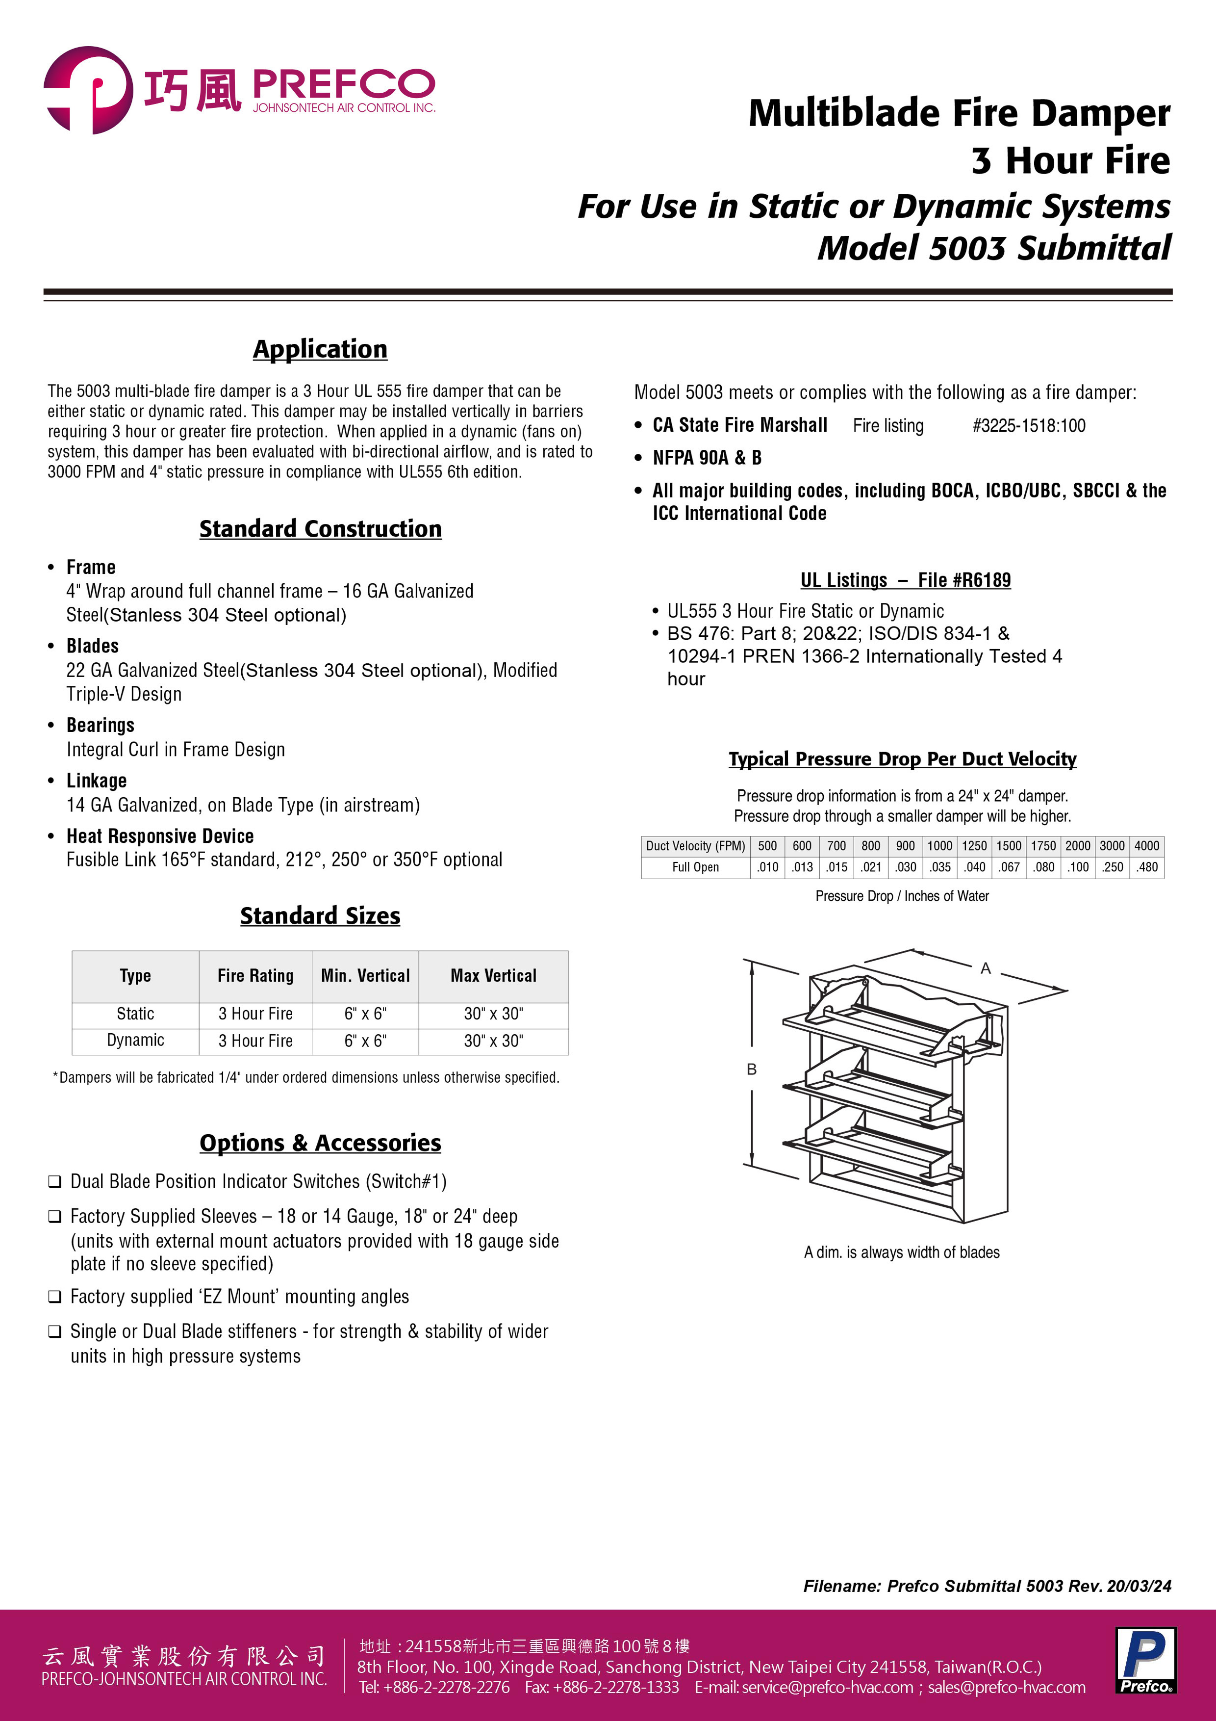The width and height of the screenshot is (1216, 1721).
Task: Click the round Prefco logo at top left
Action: (88, 90)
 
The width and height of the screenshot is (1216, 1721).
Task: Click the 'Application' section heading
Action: (320, 349)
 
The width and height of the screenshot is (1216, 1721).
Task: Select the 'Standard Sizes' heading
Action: (320, 916)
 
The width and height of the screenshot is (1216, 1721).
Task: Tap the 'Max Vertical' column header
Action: (493, 975)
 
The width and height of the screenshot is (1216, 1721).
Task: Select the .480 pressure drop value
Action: (1146, 867)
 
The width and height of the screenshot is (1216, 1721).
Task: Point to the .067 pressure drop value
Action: (1009, 867)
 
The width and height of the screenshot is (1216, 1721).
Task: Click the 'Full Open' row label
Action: (695, 867)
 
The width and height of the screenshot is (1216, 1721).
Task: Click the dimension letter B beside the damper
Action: (752, 1069)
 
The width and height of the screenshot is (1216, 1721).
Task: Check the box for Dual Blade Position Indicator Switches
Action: (55, 1182)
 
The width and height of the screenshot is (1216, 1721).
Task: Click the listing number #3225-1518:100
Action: (1029, 426)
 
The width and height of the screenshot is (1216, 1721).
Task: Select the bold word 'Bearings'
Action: (101, 726)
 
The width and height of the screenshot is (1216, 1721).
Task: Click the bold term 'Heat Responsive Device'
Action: (159, 836)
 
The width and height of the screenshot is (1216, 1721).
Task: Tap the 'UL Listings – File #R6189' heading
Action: (905, 580)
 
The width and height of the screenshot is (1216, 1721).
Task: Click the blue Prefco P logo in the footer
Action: (1145, 1660)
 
